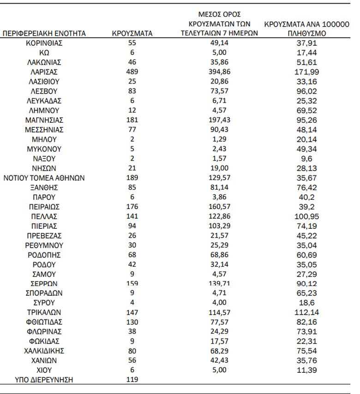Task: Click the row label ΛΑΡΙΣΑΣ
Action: click(44, 72)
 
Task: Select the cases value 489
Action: click(132, 72)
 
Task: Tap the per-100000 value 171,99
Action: click(307, 72)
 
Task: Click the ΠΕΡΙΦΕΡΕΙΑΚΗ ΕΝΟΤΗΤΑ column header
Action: click(44, 34)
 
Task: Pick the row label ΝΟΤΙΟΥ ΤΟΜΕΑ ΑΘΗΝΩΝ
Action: click(44, 178)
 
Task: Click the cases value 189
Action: click(132, 178)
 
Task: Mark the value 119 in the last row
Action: click(132, 380)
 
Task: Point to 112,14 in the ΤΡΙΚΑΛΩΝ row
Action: click(307, 312)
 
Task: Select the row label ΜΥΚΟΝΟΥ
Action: click(44, 149)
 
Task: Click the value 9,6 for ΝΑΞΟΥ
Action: click(307, 159)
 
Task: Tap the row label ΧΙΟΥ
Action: click(44, 370)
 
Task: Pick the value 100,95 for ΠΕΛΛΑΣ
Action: click(307, 216)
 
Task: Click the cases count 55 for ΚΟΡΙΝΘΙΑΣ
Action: click(132, 43)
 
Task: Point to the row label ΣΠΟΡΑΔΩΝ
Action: click(44, 293)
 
